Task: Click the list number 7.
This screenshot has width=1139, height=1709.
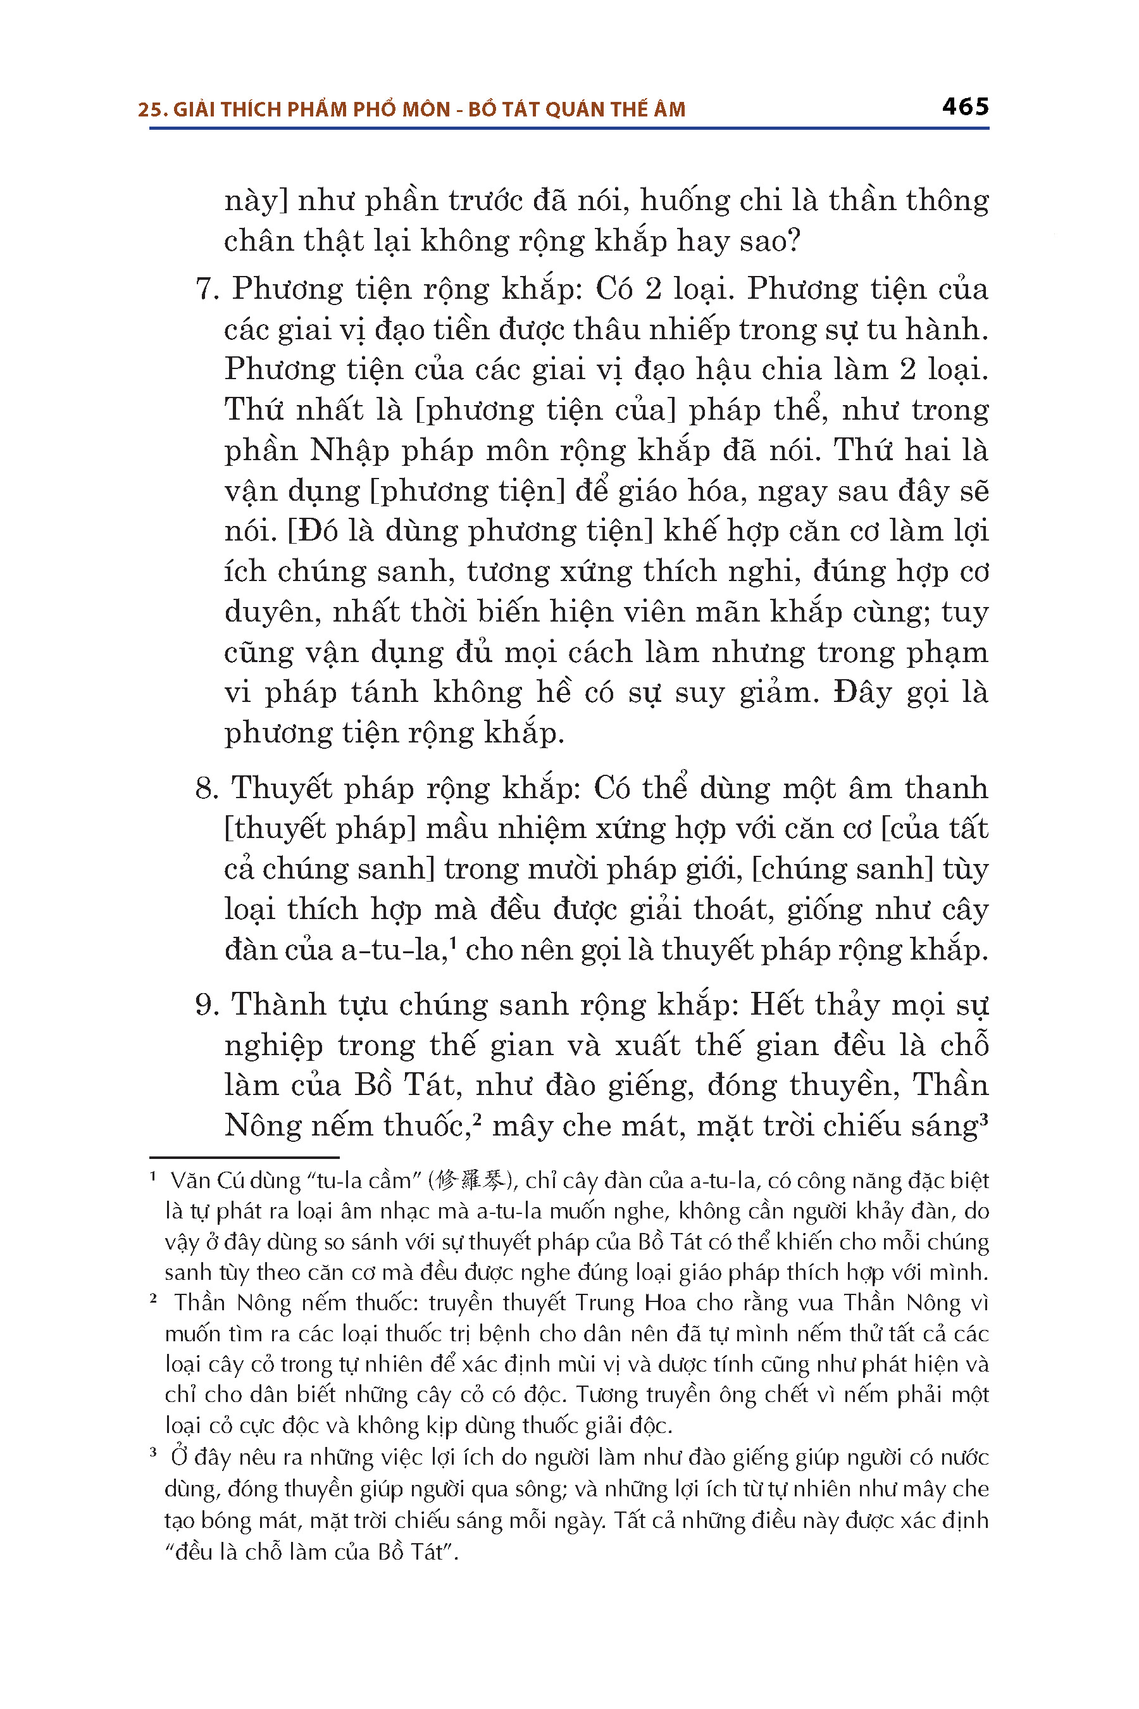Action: coord(206,289)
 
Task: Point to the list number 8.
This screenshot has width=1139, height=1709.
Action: coord(206,789)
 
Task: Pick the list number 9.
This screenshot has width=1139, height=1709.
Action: coord(206,1005)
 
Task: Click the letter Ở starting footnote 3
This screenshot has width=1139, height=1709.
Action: coord(178,1457)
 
